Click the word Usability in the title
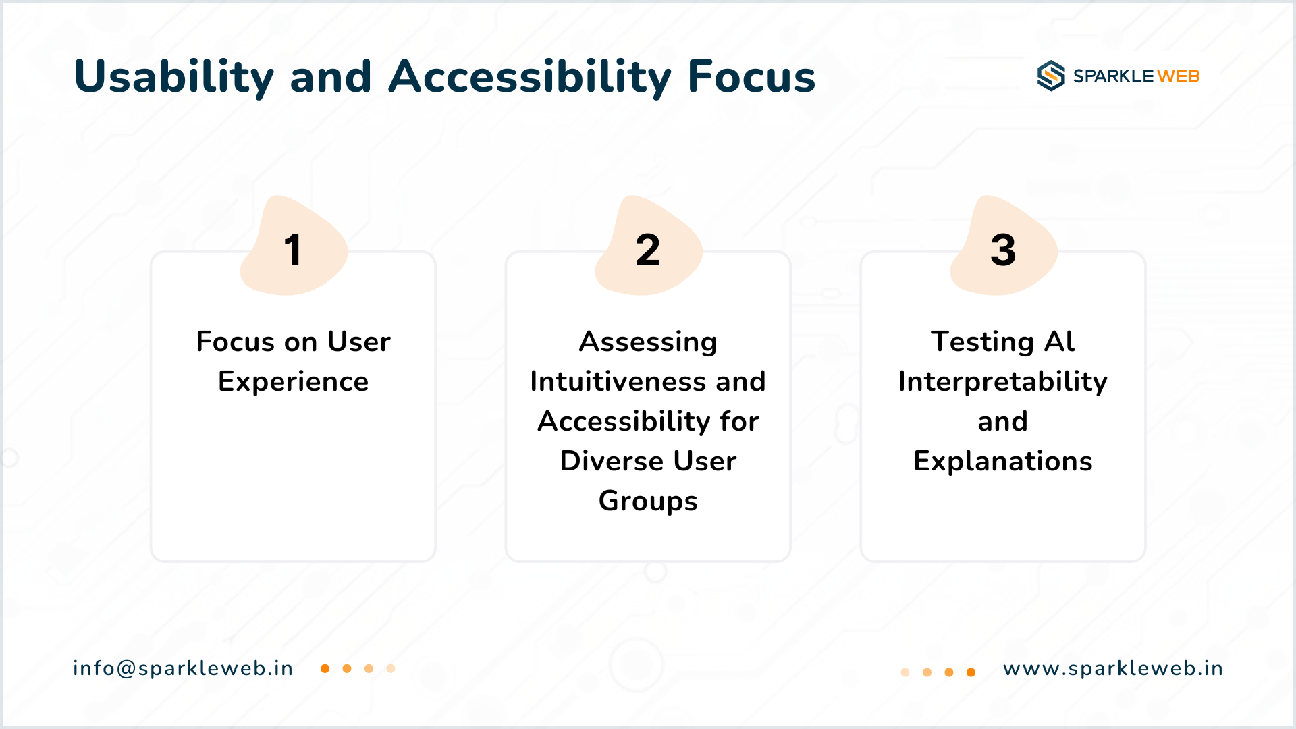[174, 77]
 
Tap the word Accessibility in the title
[530, 77]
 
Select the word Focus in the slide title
[751, 76]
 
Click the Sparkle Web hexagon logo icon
[1051, 76]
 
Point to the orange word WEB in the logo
[1179, 76]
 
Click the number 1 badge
[294, 246]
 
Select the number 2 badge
[648, 246]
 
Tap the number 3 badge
[1003, 246]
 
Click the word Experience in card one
[293, 382]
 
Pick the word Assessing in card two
[648, 342]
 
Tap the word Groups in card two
[648, 502]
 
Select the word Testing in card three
[982, 342]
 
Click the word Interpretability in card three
[1002, 382]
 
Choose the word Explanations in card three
[1002, 462]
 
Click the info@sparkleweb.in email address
[183, 668]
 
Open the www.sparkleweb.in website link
[1112, 668]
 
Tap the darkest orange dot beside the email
[325, 668]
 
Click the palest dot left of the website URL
[905, 672]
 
